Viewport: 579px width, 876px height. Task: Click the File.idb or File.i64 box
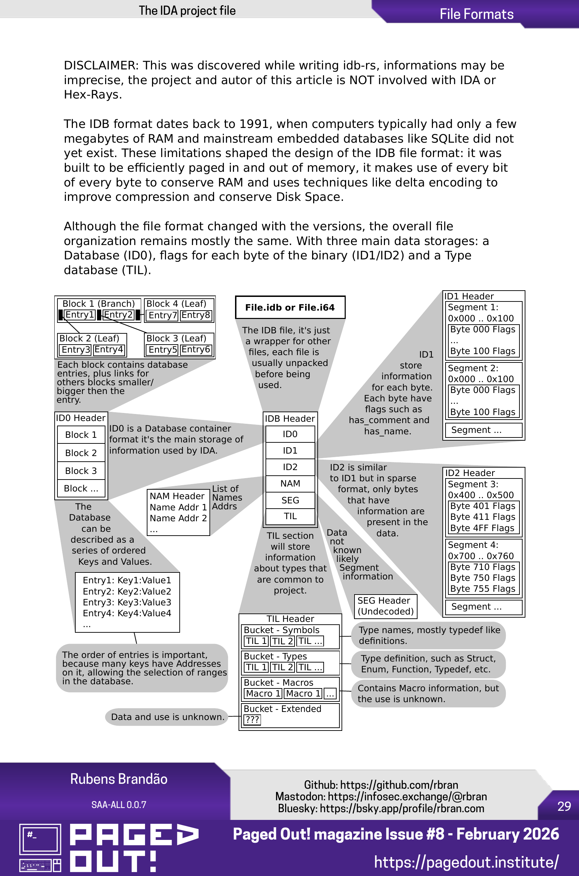[290, 307]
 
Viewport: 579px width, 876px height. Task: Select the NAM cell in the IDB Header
[290, 483]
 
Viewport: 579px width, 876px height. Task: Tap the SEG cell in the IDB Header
[290, 500]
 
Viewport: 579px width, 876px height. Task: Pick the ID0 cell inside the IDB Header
[290, 434]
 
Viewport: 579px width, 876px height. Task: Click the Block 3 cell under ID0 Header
[81, 471]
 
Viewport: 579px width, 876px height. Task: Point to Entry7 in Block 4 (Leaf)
[163, 315]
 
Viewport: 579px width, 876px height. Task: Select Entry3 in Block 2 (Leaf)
[76, 349]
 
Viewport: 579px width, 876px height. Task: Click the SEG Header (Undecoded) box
[385, 606]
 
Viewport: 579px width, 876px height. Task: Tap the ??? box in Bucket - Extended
[252, 719]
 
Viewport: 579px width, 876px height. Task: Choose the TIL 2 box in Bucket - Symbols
[282, 641]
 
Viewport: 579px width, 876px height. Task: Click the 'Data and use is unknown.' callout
[168, 717]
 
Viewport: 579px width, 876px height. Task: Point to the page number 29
[564, 806]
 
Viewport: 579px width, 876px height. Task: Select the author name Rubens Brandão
[118, 779]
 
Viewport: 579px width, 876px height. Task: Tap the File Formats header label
[476, 14]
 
